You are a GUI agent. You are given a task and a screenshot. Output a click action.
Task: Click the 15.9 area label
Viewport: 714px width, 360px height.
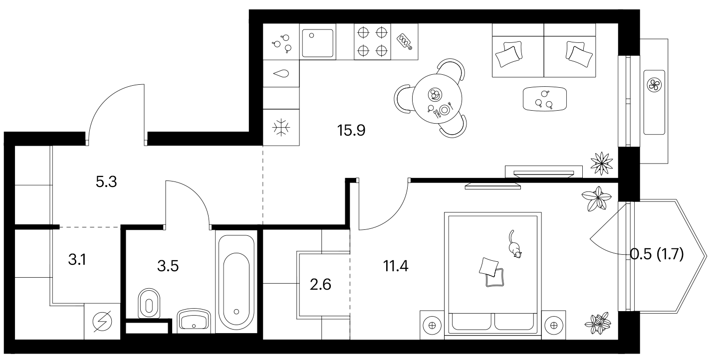point(351,130)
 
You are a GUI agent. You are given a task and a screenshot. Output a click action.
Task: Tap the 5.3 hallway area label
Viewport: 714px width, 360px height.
point(106,182)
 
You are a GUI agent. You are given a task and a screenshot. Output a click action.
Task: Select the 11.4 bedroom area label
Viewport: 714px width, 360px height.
point(396,266)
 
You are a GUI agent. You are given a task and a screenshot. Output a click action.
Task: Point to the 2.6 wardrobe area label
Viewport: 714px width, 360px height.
point(320,284)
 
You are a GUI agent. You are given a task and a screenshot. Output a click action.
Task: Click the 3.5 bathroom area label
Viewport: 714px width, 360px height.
point(168,266)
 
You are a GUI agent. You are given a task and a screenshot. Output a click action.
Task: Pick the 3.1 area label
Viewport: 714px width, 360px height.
point(77,260)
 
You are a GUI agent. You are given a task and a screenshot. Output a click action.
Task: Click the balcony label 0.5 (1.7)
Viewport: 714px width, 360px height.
point(657,255)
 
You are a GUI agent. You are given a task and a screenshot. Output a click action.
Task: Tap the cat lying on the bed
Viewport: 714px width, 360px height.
point(514,244)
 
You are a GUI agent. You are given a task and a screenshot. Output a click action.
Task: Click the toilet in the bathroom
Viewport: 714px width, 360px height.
point(149,303)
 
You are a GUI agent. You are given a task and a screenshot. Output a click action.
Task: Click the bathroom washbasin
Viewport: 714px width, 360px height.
point(194,319)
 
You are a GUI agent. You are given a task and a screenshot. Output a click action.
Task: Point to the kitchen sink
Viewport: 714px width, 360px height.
point(318,43)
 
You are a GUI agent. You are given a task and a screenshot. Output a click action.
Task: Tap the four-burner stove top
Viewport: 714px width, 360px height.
point(372,41)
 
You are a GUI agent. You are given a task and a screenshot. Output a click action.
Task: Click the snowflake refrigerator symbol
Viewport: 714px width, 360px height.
point(281,128)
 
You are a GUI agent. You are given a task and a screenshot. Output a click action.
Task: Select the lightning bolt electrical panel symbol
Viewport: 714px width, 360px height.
point(102,322)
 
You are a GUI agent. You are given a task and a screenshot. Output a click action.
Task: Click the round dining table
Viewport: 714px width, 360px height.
point(437,99)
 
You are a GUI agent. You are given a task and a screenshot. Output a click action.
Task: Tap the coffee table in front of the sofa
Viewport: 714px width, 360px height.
point(545,99)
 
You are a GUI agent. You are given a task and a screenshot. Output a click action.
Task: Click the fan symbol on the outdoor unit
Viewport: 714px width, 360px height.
point(654,85)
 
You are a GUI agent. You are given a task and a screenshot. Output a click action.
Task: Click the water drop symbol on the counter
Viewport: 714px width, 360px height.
point(281,74)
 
